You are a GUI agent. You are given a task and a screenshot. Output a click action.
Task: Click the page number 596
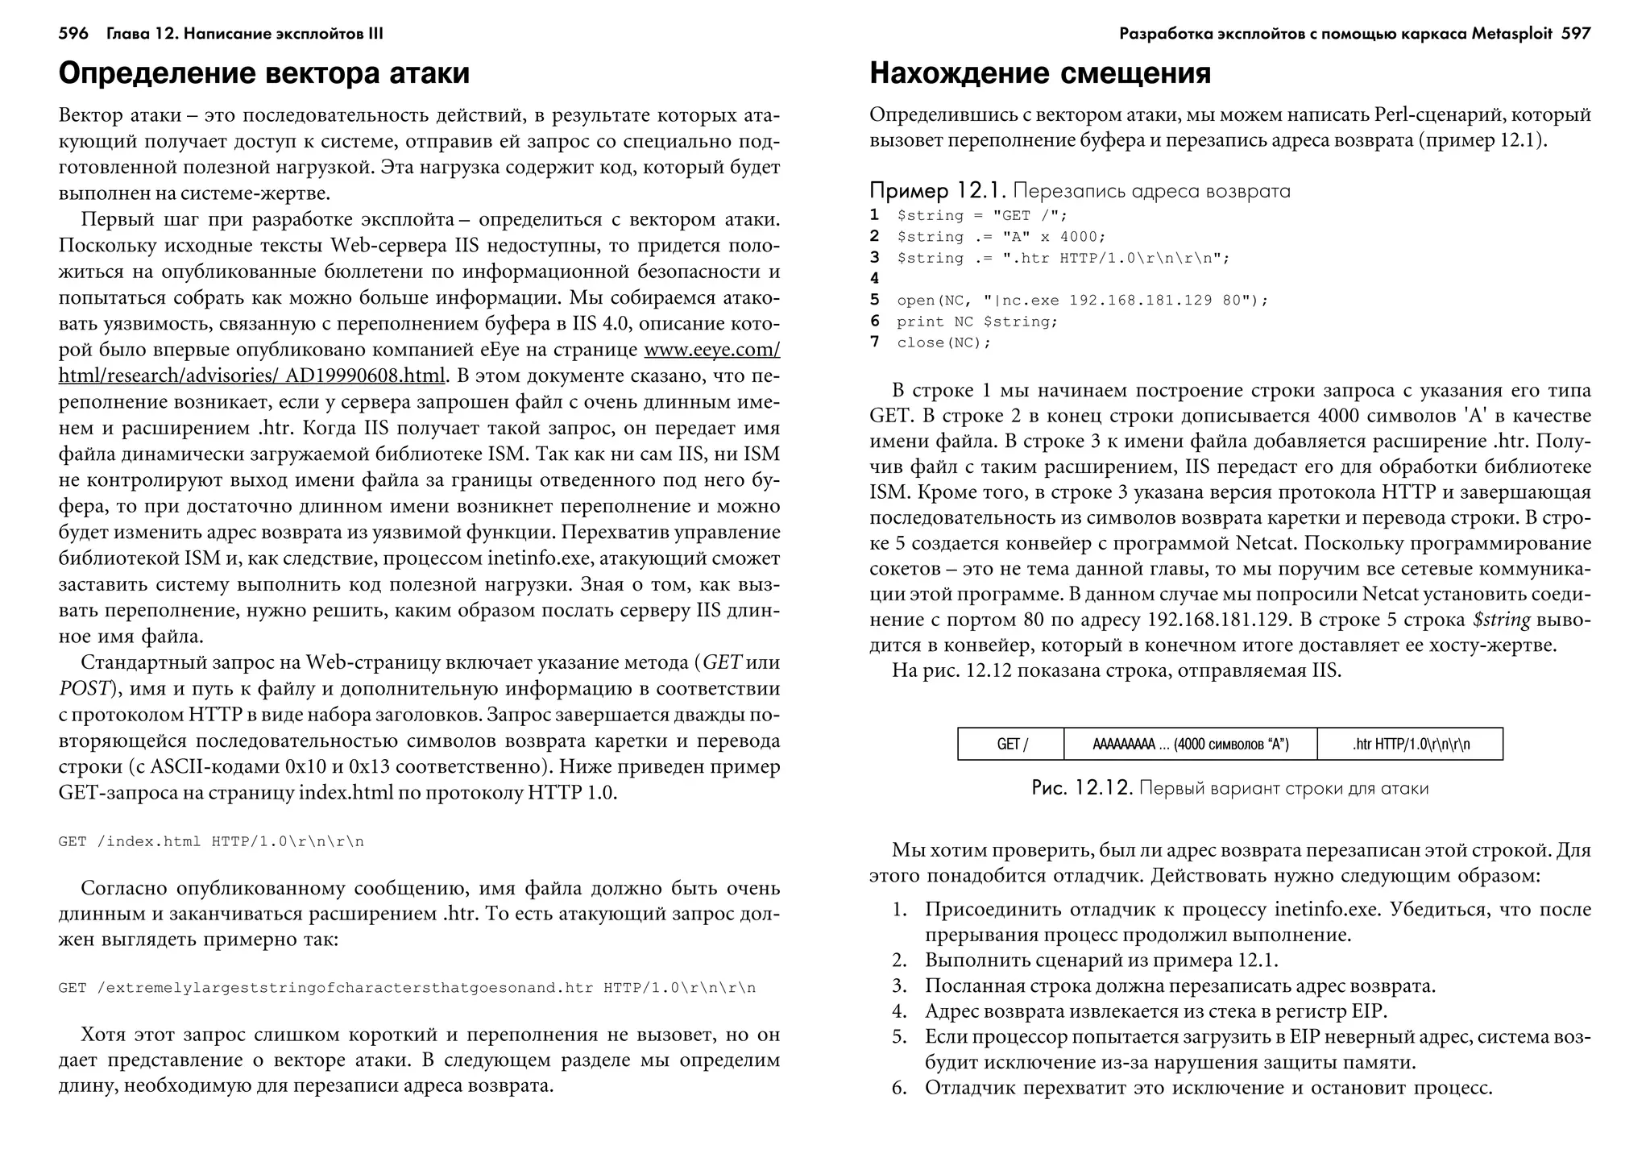[73, 34]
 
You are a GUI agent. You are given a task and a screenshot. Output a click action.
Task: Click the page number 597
[1576, 34]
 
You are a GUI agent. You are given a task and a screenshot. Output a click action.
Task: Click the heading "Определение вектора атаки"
[263, 73]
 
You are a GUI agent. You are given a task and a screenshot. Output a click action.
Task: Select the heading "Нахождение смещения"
[1039, 73]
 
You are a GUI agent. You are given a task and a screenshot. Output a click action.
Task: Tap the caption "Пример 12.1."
[937, 191]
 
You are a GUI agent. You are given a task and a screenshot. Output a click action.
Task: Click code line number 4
[874, 279]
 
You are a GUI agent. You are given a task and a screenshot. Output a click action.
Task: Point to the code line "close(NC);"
[943, 342]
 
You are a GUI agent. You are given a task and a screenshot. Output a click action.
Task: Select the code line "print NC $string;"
[976, 322]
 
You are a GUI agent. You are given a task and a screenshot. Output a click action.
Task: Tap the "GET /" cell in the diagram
[1011, 744]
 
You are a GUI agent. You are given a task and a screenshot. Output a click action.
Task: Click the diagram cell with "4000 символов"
[1190, 744]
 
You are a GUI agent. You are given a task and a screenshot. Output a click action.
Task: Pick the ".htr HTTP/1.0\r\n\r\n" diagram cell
[1410, 744]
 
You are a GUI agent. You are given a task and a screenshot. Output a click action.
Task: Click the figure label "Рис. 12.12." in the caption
[1083, 788]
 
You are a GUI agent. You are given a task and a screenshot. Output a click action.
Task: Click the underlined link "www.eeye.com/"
[711, 351]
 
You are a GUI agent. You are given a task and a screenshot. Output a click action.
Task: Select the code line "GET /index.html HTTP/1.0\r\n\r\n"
[211, 842]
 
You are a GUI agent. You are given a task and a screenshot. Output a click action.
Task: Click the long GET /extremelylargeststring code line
[407, 988]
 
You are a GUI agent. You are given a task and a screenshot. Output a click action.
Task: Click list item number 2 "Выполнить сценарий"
[1101, 961]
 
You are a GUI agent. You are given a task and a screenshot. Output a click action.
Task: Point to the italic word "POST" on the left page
[83, 689]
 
